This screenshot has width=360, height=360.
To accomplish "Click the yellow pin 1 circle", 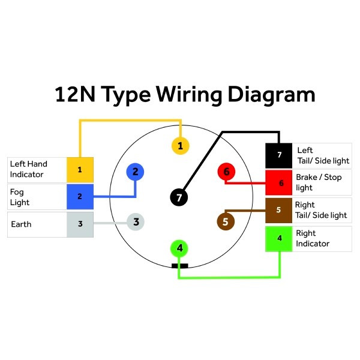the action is coord(181,146).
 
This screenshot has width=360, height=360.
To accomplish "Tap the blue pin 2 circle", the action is coord(135,172).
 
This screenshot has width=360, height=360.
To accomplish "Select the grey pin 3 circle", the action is coord(136,222).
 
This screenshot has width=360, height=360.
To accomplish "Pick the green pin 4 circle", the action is coord(179,248).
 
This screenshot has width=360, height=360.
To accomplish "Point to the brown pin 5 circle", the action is coord(226,221).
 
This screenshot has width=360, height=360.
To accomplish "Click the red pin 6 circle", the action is coord(226,172).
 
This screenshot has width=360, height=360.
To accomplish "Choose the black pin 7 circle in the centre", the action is coord(179,197).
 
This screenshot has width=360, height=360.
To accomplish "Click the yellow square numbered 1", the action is coord(80,170).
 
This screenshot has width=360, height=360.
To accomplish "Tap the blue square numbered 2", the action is coord(80,197).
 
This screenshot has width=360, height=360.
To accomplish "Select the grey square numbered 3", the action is coord(80,224).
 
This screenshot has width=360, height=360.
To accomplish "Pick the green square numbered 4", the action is coord(279,239).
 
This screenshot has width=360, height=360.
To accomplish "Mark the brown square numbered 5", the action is coord(279,211).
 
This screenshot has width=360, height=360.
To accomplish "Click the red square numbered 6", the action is coord(279,182).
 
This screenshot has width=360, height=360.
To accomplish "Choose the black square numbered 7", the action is coord(279,155).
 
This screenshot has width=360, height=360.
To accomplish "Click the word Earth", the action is coord(21,224).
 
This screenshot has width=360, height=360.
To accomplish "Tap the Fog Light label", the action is coord(20,197).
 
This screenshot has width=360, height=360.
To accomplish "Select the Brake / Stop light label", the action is coord(319,182).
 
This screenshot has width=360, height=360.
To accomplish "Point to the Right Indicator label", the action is coord(313,238).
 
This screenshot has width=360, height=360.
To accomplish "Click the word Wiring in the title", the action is coord(189,95).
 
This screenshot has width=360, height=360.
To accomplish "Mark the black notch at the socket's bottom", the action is coord(180,266).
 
